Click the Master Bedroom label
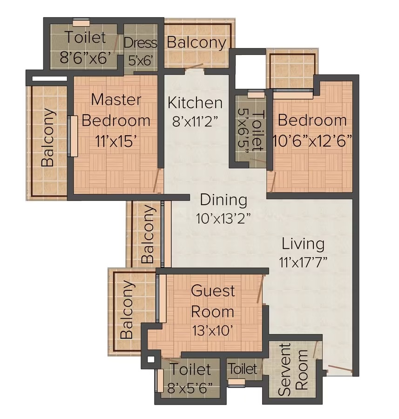(x=116, y=110)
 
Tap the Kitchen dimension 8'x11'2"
(x=196, y=122)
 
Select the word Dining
(x=223, y=200)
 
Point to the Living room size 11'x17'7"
(x=303, y=262)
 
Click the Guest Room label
(x=213, y=302)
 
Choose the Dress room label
(x=141, y=43)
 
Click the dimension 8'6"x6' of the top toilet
(x=85, y=57)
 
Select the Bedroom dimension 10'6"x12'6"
(x=312, y=140)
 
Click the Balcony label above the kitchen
(x=196, y=43)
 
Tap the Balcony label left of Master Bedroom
(x=48, y=137)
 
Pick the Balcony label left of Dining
(x=148, y=234)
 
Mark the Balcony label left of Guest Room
(x=127, y=309)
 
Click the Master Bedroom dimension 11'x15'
(x=116, y=141)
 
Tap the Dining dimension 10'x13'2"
(x=223, y=218)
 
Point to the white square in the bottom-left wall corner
(x=151, y=359)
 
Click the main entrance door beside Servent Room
(x=340, y=369)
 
